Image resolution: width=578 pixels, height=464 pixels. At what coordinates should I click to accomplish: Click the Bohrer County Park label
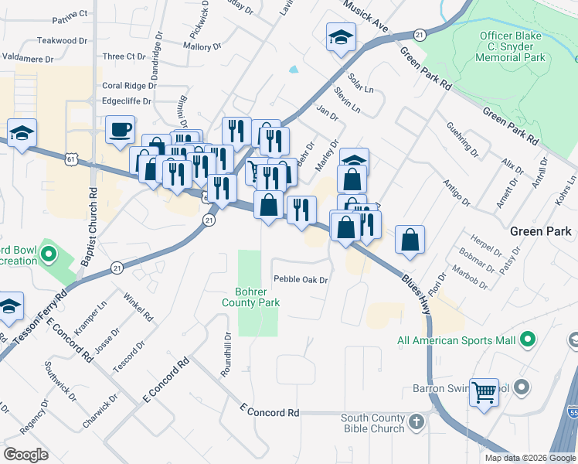[257, 297]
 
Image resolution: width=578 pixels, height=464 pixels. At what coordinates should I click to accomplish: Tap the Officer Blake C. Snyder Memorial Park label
[512, 46]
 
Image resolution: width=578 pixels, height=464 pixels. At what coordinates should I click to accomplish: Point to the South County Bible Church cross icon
[416, 422]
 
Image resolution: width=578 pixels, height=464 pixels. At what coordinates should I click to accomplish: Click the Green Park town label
[541, 231]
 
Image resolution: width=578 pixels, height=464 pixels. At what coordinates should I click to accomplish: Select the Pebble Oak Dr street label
[301, 280]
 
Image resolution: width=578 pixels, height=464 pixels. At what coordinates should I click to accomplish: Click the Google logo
[25, 455]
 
